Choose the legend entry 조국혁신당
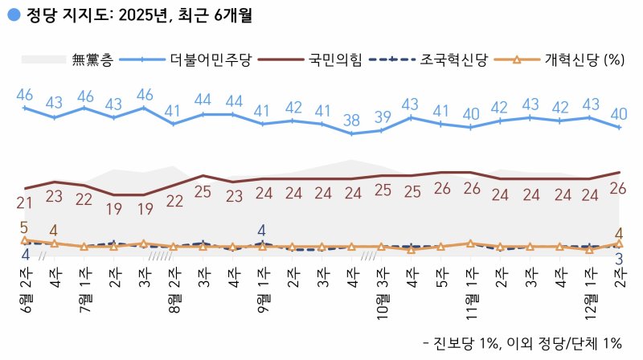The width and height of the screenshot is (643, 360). tap(453, 59)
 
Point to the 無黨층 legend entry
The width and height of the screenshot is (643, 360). tap(92, 59)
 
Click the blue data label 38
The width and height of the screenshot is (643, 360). tap(351, 121)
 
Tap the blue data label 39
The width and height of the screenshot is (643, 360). tap(381, 117)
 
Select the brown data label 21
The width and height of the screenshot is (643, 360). tap(24, 203)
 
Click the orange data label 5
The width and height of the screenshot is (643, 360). tap(24, 227)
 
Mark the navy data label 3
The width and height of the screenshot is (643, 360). tap(619, 258)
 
